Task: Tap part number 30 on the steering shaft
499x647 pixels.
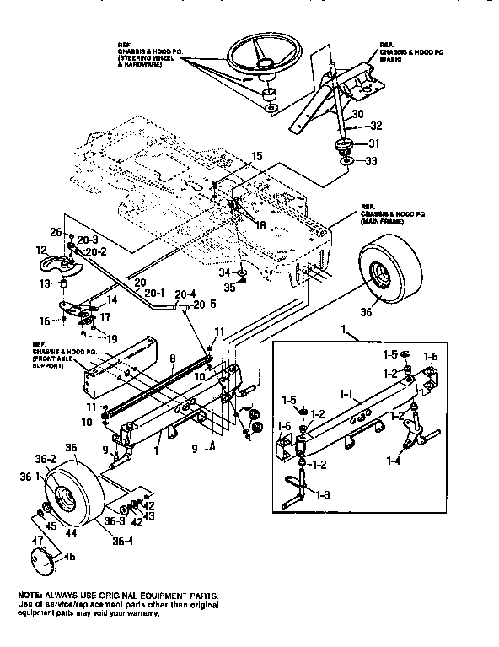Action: click(x=357, y=114)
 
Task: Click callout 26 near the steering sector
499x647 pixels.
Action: click(x=56, y=233)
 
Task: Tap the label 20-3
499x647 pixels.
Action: click(x=87, y=239)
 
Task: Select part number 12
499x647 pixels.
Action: click(x=41, y=251)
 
